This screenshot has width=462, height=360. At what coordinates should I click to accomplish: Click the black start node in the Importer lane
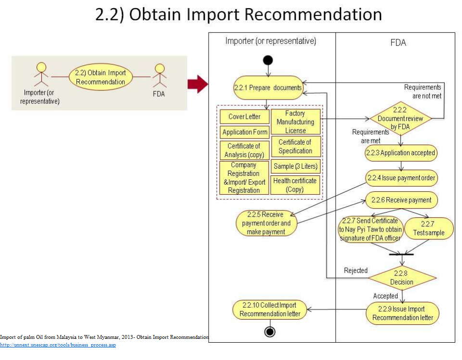[268, 60]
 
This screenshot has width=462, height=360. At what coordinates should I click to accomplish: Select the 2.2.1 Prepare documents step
[268, 87]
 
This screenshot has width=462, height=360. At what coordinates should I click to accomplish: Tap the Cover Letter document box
[244, 117]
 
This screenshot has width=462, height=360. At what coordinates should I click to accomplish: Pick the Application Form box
[244, 132]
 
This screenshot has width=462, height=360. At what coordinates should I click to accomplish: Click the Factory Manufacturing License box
[295, 122]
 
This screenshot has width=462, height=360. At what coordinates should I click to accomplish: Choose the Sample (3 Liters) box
[295, 166]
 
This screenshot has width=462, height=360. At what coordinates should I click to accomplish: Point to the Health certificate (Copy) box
[295, 185]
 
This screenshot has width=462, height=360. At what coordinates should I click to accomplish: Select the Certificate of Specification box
[295, 146]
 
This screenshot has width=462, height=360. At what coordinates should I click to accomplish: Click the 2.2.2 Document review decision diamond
[400, 118]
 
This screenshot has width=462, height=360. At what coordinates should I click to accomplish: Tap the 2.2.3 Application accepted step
[400, 153]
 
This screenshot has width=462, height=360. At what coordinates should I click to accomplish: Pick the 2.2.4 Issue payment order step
[401, 178]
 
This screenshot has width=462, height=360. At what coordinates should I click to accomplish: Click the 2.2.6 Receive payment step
[401, 200]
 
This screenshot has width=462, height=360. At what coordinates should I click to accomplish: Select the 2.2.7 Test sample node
[429, 228]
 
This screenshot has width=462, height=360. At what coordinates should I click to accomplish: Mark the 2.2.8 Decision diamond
[401, 277]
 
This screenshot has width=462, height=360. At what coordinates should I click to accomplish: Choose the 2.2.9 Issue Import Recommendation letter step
[402, 313]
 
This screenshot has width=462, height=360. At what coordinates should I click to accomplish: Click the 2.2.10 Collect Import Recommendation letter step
[270, 310]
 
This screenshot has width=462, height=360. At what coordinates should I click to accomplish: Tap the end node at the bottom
[270, 332]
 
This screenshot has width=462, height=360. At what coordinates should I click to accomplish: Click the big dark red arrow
[197, 85]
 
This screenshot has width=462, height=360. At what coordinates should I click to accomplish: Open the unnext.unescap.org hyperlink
[58, 345]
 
